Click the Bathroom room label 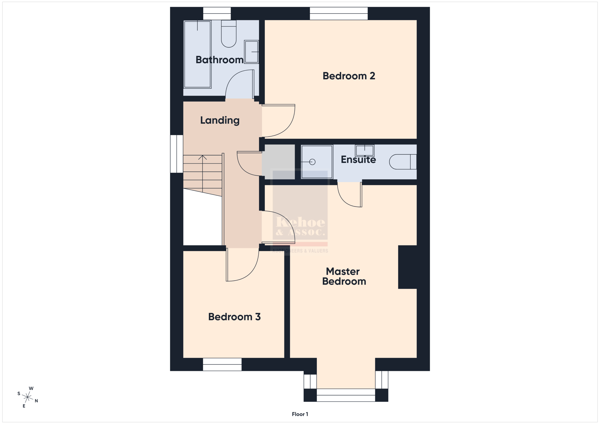tap(220, 60)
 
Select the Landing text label tap(220, 120)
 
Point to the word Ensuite tap(358, 159)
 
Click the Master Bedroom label tap(344, 276)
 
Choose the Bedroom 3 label tap(234, 317)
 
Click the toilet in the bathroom tap(229, 34)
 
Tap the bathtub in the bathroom tap(197, 54)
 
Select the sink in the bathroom tap(251, 52)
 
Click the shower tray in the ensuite tap(317, 162)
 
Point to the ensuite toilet tap(403, 162)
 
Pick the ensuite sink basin tap(364, 151)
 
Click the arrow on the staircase tap(202, 174)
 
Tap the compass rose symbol tap(27, 397)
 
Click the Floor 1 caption tap(300, 414)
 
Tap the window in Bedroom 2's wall tap(339, 13)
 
